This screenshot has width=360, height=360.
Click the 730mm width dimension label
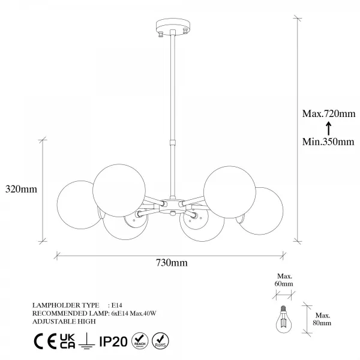172,262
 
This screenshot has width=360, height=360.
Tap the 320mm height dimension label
21,189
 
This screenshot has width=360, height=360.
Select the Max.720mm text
329,113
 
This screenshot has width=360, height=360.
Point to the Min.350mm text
328,142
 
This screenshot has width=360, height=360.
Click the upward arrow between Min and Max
329,128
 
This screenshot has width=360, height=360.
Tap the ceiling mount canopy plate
173,26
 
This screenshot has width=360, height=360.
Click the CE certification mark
45,341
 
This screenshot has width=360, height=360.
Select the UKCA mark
67,341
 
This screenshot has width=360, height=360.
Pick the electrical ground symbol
86,341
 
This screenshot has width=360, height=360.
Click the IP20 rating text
113,341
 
